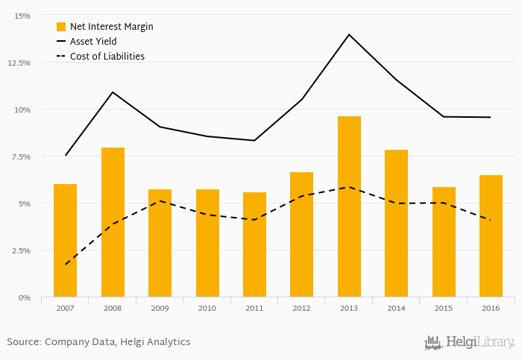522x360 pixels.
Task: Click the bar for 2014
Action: point(396,223)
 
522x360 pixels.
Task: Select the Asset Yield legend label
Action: point(92,41)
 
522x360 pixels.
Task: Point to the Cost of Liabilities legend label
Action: point(107,56)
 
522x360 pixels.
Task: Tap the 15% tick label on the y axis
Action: point(22,16)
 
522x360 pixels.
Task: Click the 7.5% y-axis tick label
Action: point(20,157)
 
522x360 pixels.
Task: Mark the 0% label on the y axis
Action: point(25,297)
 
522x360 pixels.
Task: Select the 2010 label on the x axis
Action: point(207,307)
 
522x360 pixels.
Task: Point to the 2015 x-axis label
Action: point(443,307)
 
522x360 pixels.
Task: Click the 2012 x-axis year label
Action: point(301,307)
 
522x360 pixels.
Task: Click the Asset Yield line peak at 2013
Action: point(349,34)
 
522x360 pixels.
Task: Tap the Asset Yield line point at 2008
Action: point(113,92)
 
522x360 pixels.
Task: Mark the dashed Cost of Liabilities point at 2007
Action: point(66,265)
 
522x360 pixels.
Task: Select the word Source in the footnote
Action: point(23,342)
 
